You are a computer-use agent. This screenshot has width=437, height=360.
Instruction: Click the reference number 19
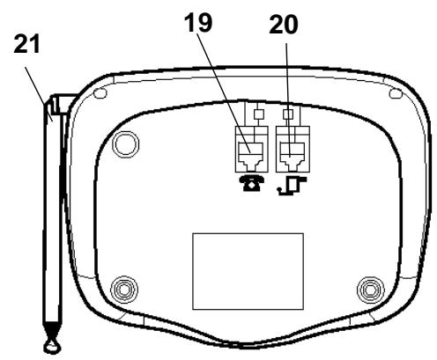(198, 23)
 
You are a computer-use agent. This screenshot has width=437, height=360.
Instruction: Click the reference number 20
(284, 25)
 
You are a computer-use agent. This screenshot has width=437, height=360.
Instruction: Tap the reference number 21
(26, 44)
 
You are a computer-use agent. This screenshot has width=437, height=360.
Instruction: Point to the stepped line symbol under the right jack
(293, 186)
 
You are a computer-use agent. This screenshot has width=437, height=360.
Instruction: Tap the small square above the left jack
(258, 114)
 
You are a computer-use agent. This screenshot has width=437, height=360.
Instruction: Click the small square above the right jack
(288, 114)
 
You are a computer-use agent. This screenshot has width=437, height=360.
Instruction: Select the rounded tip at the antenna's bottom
(53, 347)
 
